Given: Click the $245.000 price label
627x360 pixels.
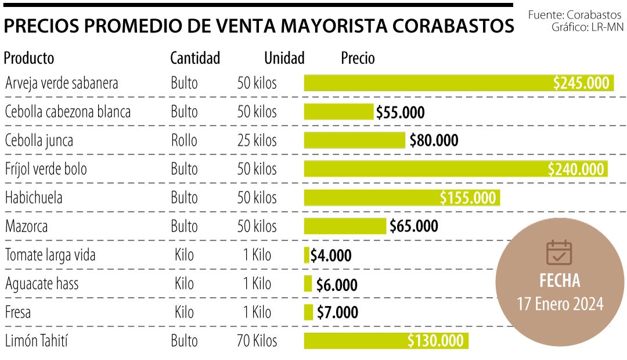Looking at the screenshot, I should coord(581,83).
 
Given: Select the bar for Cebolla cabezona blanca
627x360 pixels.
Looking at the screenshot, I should coord(338,111).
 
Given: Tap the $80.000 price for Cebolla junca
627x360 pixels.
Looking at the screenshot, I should coord(434,141).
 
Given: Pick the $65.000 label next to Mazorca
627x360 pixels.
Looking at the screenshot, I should coord(413,226).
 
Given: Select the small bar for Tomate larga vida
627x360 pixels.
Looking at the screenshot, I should coord(307,255).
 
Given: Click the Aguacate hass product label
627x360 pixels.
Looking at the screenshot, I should coord(42,283).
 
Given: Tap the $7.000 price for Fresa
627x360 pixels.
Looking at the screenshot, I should coord(337,312).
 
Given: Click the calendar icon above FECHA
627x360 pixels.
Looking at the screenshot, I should coord(559,253).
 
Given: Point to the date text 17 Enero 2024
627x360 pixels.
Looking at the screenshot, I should coord(560,304).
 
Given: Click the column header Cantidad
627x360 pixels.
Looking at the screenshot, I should coord(195,58).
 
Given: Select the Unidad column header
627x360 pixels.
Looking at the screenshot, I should coord(284,58).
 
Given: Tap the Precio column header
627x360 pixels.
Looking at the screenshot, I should coord(358,58).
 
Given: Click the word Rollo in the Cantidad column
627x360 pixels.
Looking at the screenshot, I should coord(184,141).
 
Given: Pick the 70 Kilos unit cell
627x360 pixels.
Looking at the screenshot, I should coord(257,341).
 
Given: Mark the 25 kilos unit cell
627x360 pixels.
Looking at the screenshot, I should coord(257,141).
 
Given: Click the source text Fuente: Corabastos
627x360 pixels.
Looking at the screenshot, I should coord(576,14).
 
